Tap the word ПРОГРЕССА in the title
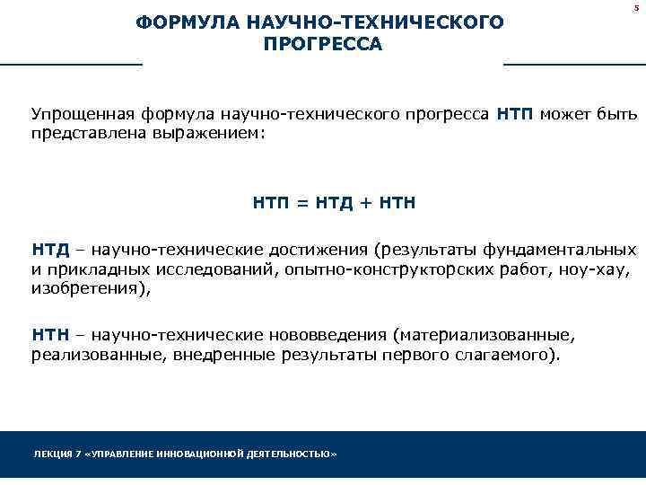coord(323,44)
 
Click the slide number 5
coord(635,7)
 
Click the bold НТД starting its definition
coord(50,249)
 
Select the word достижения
coord(323,249)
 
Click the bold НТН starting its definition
coord(50,335)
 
